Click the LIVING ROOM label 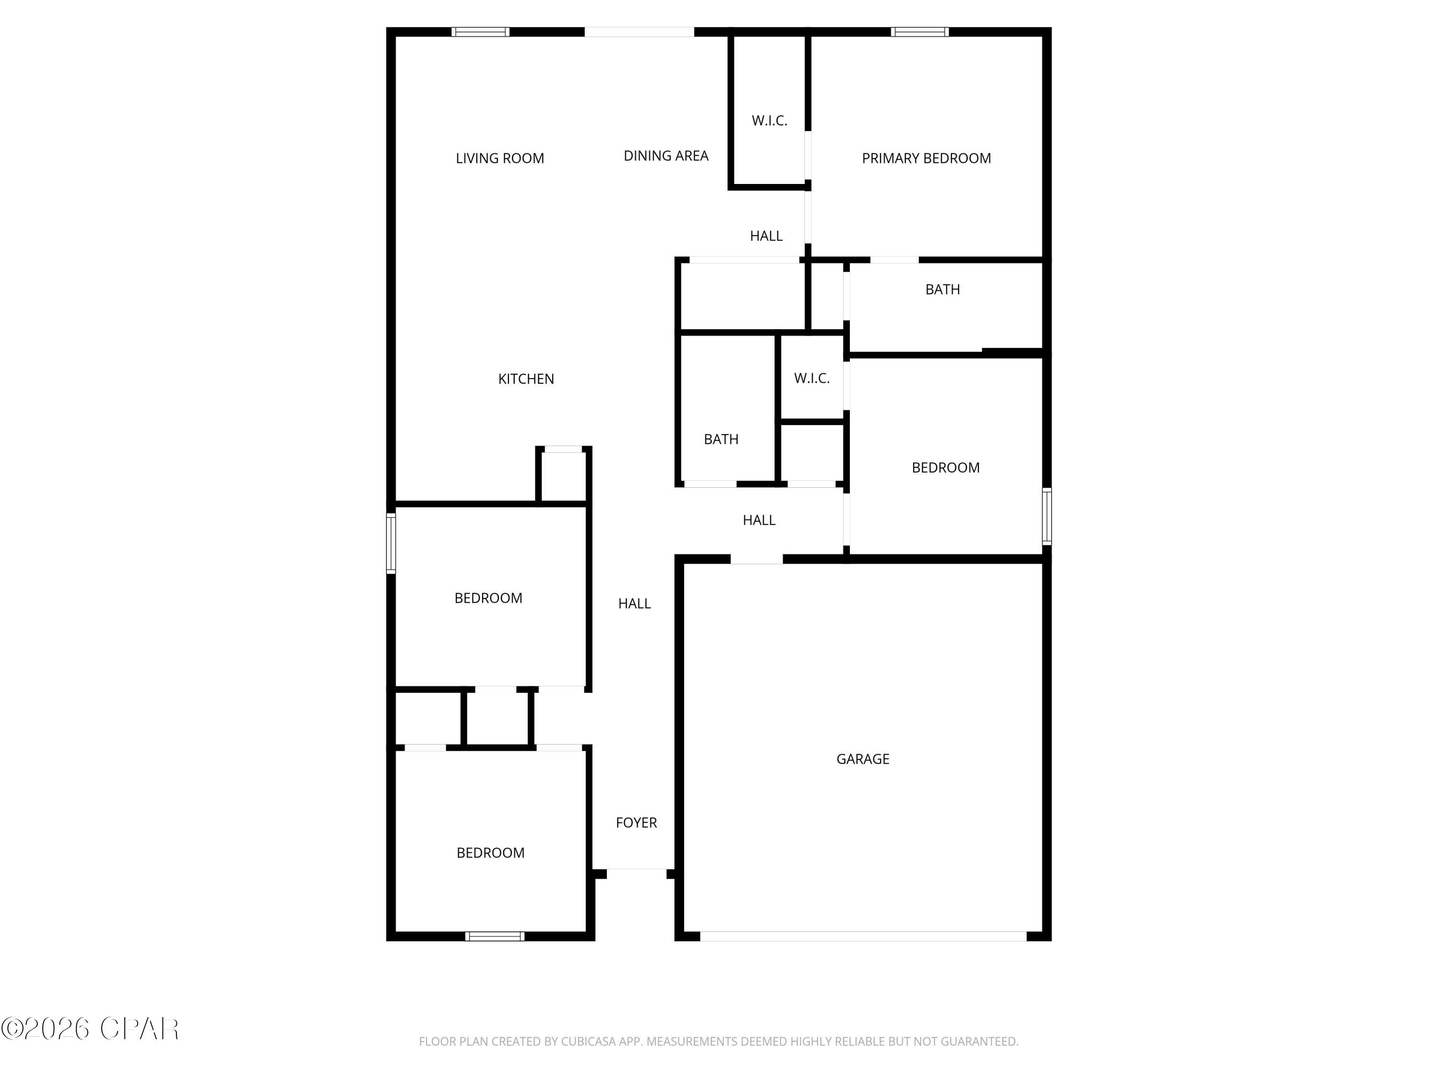pos(499,158)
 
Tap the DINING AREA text pos(666,155)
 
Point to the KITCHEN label pos(526,379)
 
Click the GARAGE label pos(863,758)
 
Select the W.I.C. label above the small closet pos(812,378)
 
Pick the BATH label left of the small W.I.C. pos(721,439)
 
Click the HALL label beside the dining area pos(766,236)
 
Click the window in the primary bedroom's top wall pos(919,32)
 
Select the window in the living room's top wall pos(480,32)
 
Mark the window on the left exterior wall pos(391,543)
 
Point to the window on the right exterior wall pos(1047,516)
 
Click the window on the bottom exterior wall pos(495,936)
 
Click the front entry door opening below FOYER pos(637,872)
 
